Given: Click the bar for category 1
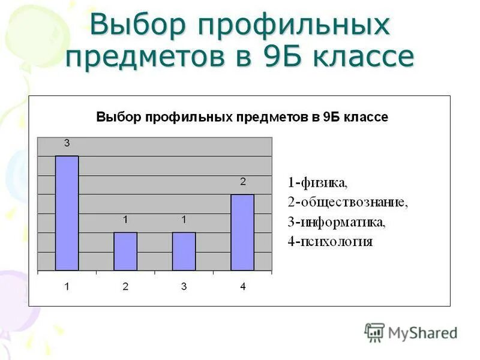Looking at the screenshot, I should pos(67,213).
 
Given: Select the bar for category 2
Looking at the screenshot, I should pos(125,251).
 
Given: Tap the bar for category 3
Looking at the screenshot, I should pos(184,251).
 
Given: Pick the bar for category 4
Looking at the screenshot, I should pos(242,232).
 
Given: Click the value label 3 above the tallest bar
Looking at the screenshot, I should pos(67,143).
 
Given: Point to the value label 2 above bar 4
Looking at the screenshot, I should pos(243,181).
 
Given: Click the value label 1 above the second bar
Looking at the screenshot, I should pos(125,220).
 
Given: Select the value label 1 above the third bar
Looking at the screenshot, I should pos(184,220).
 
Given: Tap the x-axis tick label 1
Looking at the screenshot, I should pos(67,287).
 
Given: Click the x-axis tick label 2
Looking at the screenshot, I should pos(125,287).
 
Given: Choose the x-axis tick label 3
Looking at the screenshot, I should pos(184,287).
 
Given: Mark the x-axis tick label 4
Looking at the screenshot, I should pos(243,287).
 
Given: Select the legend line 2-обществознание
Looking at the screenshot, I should pos(347,202).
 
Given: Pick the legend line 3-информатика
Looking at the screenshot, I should pos(337,222).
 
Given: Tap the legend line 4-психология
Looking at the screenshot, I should pos(330,242).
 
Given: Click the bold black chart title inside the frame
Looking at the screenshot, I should pos(242,117).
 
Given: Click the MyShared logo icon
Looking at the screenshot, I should pos(374,332).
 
